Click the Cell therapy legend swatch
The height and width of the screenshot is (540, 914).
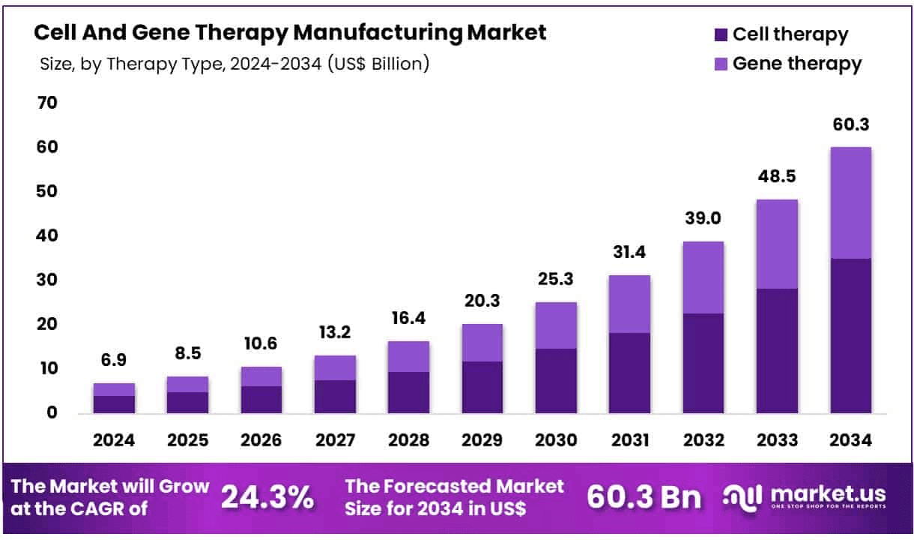(x=721, y=34)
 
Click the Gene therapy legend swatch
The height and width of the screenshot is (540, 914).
(x=721, y=64)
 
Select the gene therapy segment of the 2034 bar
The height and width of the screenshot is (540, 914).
(x=850, y=202)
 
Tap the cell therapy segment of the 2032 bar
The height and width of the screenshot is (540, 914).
(x=702, y=363)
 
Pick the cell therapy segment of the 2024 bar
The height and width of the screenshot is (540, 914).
(x=114, y=404)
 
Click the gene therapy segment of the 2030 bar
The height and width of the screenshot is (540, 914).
(x=555, y=325)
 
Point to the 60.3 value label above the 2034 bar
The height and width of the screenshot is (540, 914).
(x=850, y=124)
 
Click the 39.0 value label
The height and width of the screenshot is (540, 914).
(x=702, y=218)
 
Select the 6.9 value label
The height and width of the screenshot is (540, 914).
(x=114, y=361)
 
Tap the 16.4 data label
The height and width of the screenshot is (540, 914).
(x=408, y=318)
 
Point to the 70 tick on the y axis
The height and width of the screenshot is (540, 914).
(x=46, y=103)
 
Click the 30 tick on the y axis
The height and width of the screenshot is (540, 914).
(x=46, y=280)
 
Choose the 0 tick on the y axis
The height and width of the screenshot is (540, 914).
(x=52, y=412)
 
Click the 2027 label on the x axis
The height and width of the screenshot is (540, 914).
(x=335, y=441)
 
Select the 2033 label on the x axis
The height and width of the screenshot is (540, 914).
(x=777, y=441)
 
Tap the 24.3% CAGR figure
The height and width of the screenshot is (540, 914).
(x=267, y=497)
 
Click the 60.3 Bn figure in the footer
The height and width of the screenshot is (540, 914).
(x=644, y=497)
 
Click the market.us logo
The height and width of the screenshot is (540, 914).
(x=805, y=496)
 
